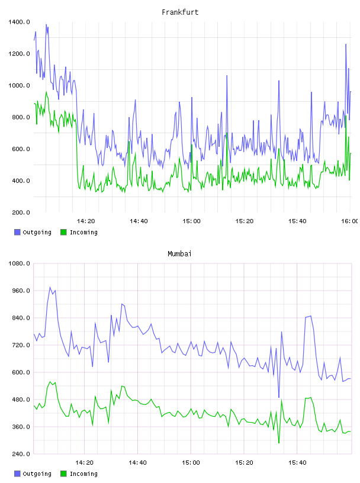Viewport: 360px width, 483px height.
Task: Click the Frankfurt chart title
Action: pyautogui.click(x=180, y=12)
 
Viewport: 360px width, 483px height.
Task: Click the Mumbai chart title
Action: pyautogui.click(x=179, y=253)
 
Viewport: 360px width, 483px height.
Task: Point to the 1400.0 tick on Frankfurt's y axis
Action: pyautogui.click(x=19, y=22)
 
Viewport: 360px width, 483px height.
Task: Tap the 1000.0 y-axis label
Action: pyautogui.click(x=19, y=85)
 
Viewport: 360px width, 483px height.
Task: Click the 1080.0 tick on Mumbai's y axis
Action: pyautogui.click(x=19, y=263)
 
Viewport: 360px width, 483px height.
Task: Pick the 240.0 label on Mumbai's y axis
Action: pyautogui.click(x=21, y=454)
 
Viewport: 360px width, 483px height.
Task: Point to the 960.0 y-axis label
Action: pyautogui.click(x=21, y=291)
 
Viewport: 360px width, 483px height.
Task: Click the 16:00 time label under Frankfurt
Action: pyautogui.click(x=349, y=221)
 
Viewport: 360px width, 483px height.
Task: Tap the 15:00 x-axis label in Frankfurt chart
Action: pyautogui.click(x=191, y=221)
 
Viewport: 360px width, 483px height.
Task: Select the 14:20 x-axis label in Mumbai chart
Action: pyautogui.click(x=84, y=462)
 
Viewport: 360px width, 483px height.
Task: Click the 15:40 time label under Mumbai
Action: pyautogui.click(x=297, y=462)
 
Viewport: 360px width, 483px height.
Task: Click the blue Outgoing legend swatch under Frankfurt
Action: pyautogui.click(x=17, y=232)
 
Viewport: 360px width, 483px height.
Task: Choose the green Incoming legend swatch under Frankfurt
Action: pyautogui.click(x=63, y=232)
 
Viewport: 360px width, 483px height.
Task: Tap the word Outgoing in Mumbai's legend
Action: pyautogui.click(x=37, y=474)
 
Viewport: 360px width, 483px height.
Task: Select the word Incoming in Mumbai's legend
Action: pyautogui.click(x=83, y=474)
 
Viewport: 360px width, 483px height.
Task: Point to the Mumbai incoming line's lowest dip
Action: pyautogui.click(x=279, y=443)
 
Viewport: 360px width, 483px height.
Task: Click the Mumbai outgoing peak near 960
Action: pyautogui.click(x=50, y=288)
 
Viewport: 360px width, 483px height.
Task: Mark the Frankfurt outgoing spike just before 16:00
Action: pyautogui.click(x=346, y=44)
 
